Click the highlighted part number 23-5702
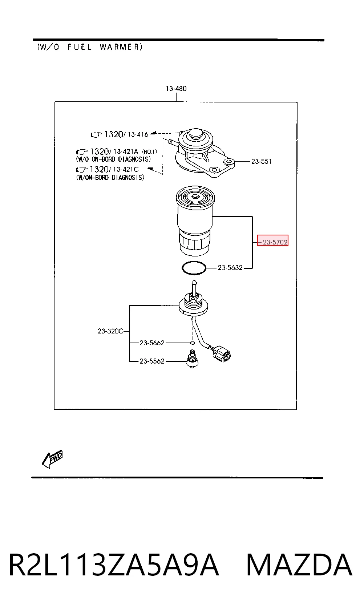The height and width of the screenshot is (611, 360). [275, 242]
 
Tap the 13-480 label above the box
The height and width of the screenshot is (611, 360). [176, 88]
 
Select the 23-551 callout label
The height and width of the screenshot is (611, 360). [261, 162]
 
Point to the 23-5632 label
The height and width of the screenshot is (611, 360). [230, 268]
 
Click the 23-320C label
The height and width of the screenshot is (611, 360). [110, 331]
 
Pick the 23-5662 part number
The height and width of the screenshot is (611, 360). [152, 343]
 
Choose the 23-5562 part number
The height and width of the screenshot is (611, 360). [152, 361]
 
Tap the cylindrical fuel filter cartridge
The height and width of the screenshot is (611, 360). [195, 221]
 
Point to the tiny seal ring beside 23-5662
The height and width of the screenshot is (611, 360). [192, 343]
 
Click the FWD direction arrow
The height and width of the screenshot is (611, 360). [52, 459]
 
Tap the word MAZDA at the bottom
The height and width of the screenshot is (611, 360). [299, 565]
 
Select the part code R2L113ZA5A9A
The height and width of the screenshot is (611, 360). [114, 565]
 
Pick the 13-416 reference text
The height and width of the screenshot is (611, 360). [138, 134]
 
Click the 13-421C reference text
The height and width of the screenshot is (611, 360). [126, 169]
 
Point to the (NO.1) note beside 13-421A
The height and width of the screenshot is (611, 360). [149, 151]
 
